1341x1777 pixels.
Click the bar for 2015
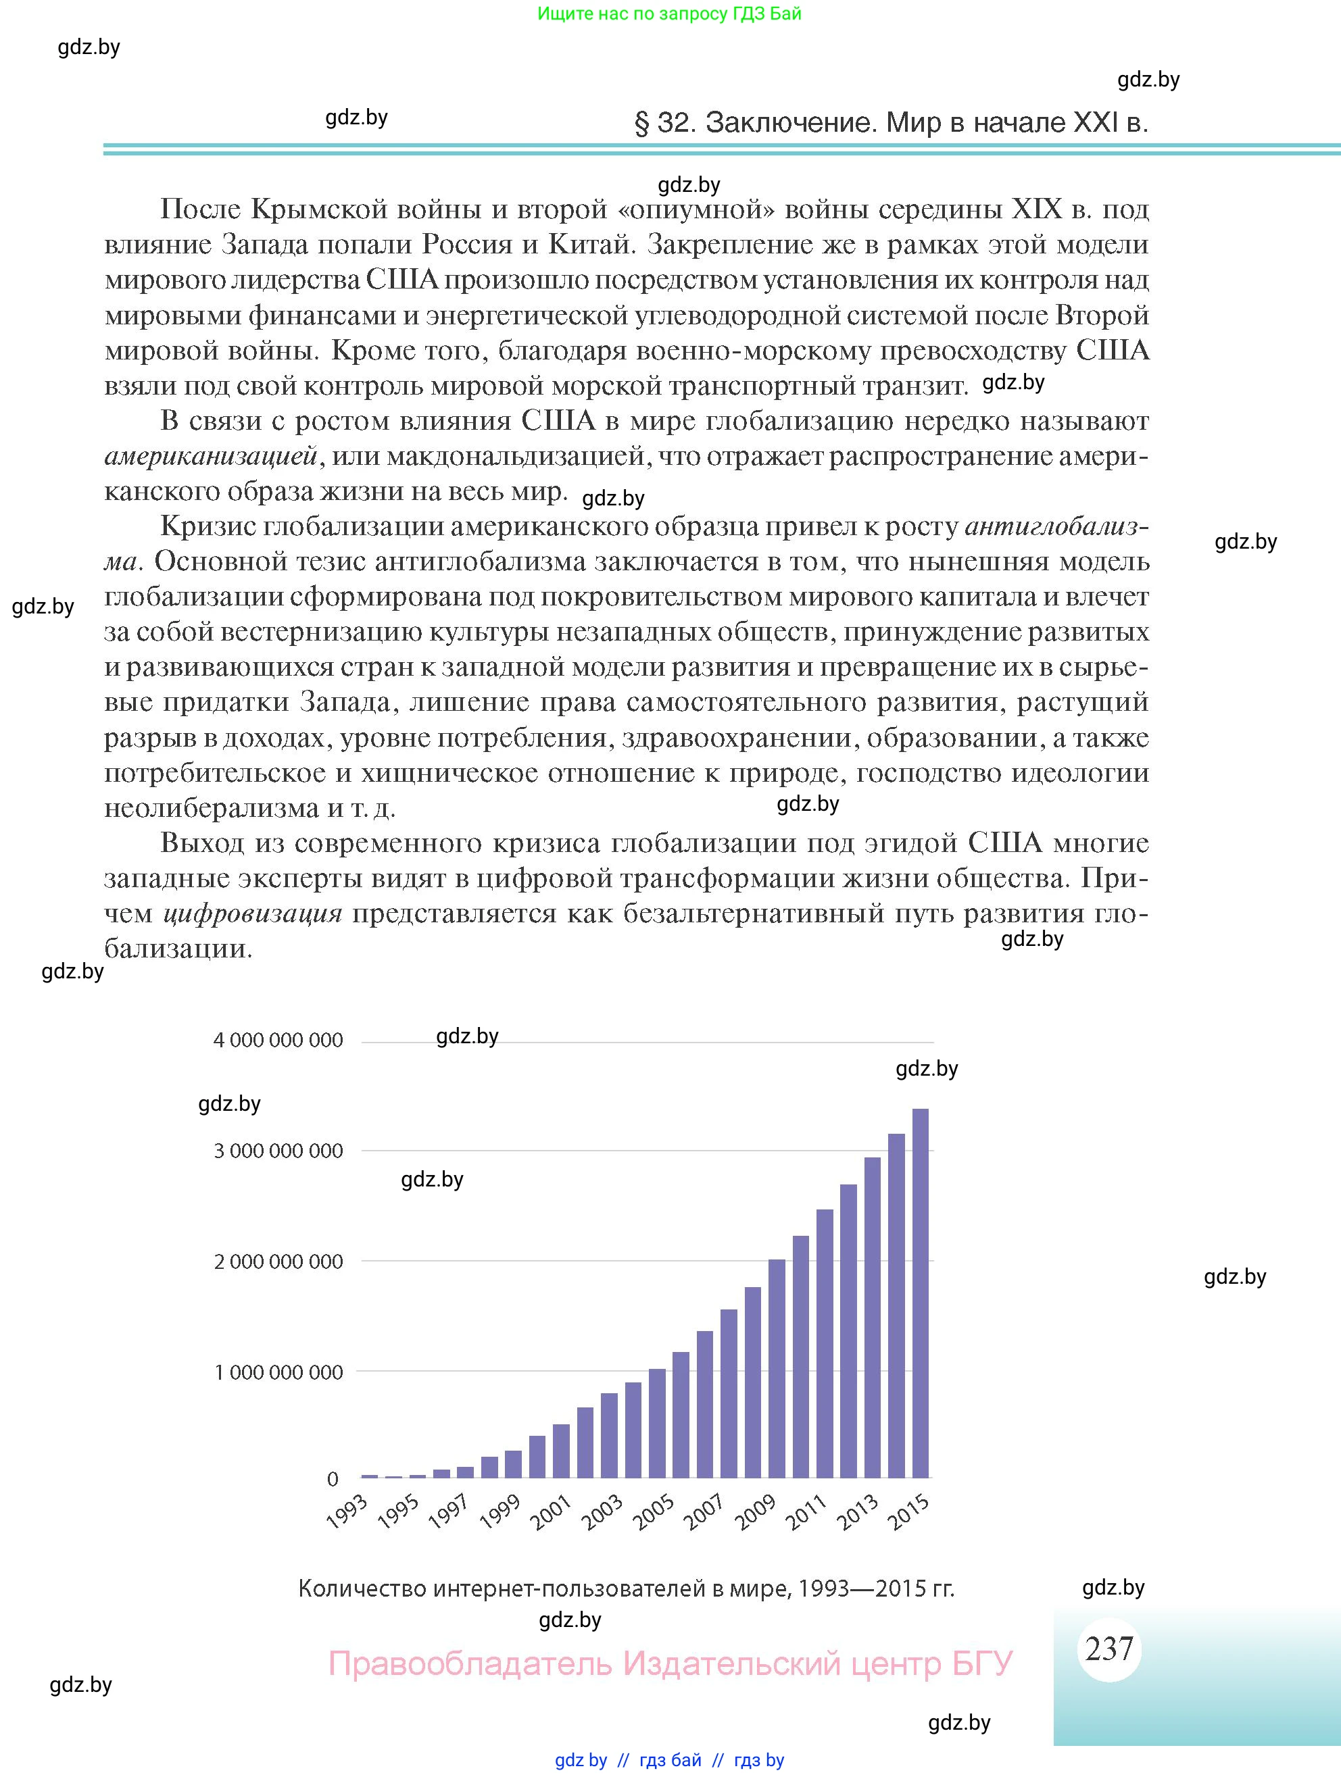(921, 1293)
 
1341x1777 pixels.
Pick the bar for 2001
(561, 1451)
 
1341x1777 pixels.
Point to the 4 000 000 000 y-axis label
(278, 1041)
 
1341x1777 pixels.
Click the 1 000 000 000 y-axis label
(278, 1372)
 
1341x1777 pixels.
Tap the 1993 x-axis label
(348, 1511)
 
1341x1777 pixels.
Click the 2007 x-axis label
(705, 1511)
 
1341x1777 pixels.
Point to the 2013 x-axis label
(858, 1511)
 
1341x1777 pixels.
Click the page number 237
(1108, 1649)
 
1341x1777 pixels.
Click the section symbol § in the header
(641, 123)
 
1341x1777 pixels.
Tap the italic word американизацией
(212, 456)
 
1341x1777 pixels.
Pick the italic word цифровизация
(252, 913)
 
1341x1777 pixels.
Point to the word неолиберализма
(212, 807)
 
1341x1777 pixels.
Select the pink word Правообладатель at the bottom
(470, 1663)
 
